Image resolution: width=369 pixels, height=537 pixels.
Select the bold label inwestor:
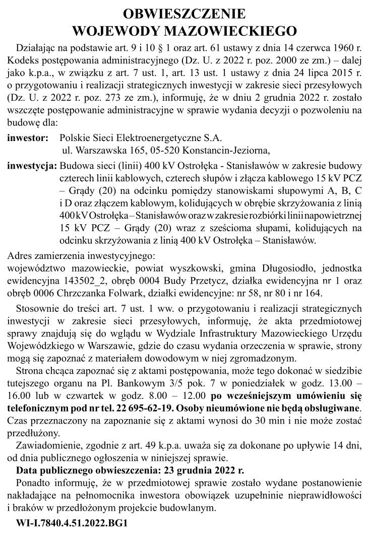(x=29, y=137)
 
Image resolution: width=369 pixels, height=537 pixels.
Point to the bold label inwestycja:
(x=32, y=165)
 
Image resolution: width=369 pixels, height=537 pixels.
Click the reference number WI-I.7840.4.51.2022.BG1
(x=72, y=523)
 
